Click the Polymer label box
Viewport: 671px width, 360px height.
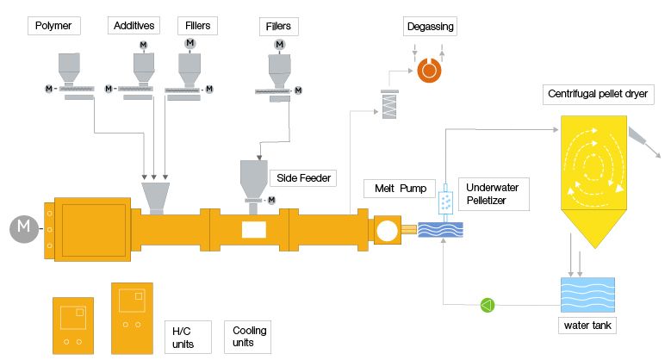tap(53, 27)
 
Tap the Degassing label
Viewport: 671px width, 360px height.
tap(429, 28)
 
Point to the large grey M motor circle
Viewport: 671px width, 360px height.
tap(24, 229)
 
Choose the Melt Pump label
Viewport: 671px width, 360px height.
tap(397, 188)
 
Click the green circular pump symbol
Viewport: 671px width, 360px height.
tap(488, 304)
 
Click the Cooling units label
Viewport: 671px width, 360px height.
tap(249, 337)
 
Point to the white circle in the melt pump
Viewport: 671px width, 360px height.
tap(386, 230)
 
